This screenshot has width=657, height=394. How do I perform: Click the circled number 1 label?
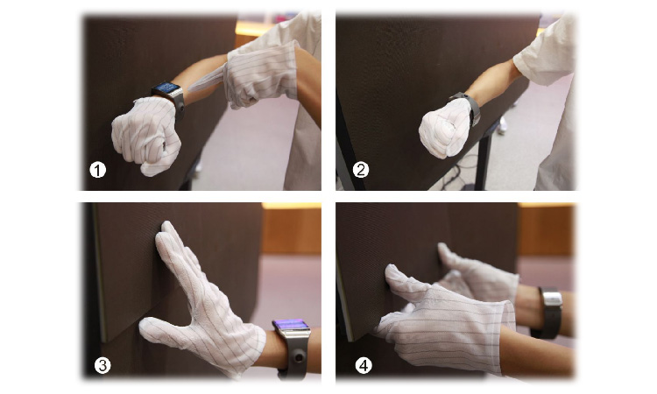click(x=98, y=171)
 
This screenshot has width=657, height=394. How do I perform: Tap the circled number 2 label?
click(x=361, y=170)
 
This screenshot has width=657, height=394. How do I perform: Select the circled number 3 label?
click(x=102, y=365)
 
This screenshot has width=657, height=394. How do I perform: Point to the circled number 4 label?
click(x=364, y=365)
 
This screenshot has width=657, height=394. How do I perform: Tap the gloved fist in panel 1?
click(x=145, y=135)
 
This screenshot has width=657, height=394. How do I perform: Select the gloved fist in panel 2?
click(x=444, y=128)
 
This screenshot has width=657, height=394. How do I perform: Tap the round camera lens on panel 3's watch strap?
click(x=298, y=357)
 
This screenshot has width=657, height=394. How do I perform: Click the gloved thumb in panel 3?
click(x=165, y=331)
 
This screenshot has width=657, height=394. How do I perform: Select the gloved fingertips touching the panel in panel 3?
click(x=167, y=236)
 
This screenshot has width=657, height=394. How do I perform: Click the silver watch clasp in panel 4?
click(x=552, y=299)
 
